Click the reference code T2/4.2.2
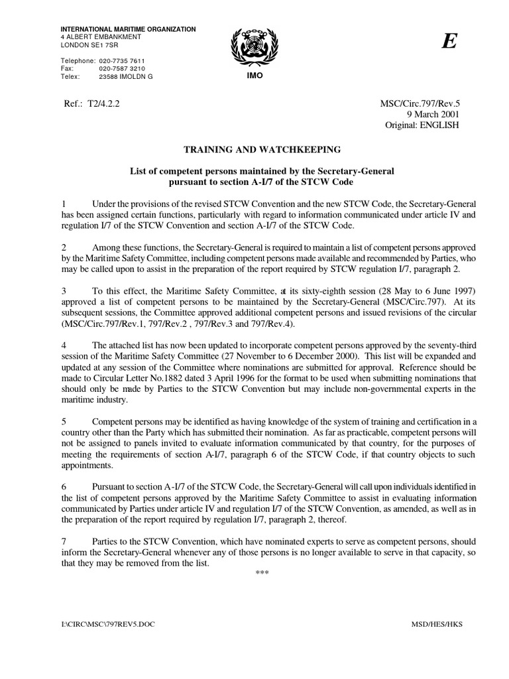[101, 103]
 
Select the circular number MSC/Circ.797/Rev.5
[418, 103]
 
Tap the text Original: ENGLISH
[422, 125]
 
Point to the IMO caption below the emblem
[254, 77]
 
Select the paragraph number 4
[63, 345]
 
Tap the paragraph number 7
[63, 541]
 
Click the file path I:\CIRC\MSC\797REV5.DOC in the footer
[99, 625]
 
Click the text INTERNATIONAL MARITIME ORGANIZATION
[128, 29]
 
